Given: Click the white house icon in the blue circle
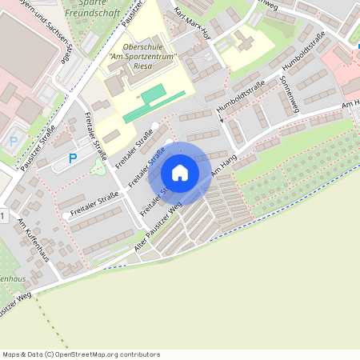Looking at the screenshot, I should (180, 172).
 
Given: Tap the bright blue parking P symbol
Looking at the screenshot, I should (73, 158).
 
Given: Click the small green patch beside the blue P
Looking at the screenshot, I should (98, 167).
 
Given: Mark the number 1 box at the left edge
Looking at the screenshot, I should (2, 217).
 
